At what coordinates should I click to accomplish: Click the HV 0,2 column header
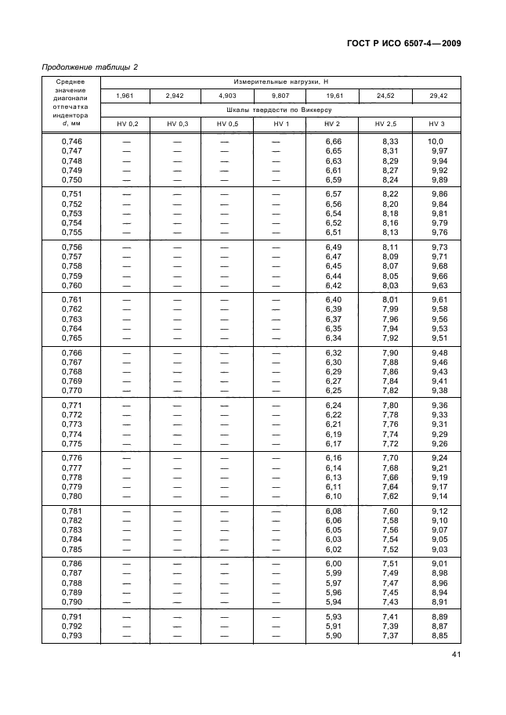point(127,124)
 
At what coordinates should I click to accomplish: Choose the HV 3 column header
point(437,124)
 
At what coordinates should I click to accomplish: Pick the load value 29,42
point(437,96)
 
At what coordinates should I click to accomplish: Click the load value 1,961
point(127,96)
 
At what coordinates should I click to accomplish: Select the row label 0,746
point(72,141)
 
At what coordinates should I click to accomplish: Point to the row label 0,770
point(72,391)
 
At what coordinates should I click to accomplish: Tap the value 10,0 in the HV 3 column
point(436,141)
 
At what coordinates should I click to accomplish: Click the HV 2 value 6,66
point(334,141)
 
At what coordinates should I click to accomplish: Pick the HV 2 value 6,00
point(334,565)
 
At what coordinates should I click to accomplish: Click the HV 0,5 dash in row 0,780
point(226,497)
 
